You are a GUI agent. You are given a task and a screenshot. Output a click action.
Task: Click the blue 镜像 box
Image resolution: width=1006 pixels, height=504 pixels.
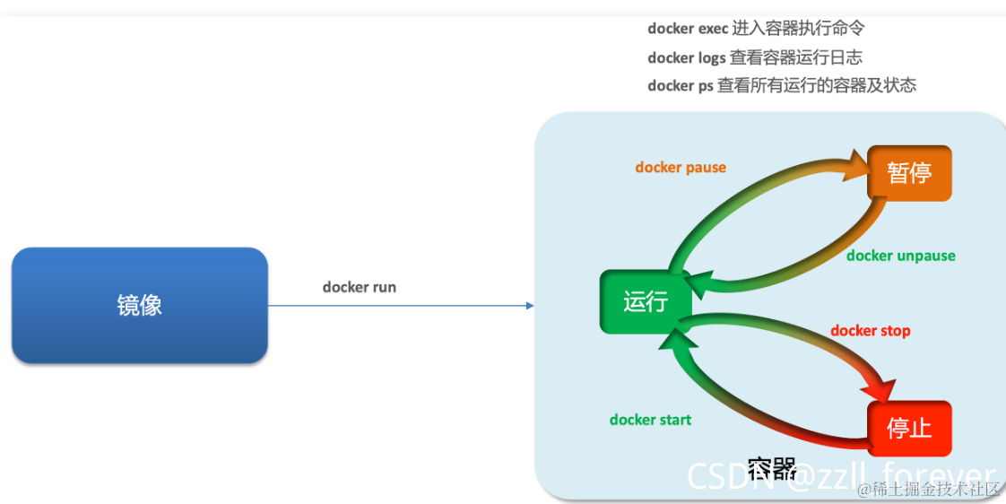(x=139, y=305)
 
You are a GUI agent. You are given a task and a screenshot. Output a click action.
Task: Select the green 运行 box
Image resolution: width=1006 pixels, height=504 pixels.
(x=645, y=300)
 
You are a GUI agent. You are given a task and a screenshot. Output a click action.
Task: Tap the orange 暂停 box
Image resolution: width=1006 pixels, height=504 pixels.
(x=909, y=172)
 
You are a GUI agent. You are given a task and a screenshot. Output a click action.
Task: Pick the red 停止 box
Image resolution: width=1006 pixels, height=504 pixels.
(x=909, y=428)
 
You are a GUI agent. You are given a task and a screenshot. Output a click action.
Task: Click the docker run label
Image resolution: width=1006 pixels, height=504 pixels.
(x=359, y=287)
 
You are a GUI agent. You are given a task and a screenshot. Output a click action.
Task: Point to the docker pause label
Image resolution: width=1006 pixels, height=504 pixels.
(x=681, y=167)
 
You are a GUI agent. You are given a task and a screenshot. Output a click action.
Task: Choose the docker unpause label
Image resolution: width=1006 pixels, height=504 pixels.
(x=900, y=256)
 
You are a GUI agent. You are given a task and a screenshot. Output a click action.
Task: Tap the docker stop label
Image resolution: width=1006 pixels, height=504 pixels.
(x=870, y=330)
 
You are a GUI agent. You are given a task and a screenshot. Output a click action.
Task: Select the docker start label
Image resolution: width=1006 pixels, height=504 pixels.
(x=650, y=419)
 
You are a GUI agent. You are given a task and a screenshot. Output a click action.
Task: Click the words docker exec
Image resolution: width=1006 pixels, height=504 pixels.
(x=688, y=29)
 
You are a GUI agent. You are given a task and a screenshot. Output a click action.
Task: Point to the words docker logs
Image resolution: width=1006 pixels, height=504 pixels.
(x=687, y=57)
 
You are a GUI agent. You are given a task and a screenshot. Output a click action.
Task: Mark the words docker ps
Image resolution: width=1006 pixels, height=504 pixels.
(x=681, y=86)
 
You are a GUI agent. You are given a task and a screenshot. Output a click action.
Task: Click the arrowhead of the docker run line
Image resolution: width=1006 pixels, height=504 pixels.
(x=529, y=306)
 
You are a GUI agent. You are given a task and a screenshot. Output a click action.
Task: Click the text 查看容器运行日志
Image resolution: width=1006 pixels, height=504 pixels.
(x=796, y=57)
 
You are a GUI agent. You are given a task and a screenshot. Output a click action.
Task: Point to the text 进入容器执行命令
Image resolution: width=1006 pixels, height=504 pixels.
(x=798, y=29)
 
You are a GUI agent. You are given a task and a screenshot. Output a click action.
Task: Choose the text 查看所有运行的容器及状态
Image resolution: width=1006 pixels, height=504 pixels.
(x=816, y=86)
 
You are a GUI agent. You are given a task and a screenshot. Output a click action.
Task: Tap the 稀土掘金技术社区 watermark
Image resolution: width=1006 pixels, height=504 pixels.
(x=928, y=489)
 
